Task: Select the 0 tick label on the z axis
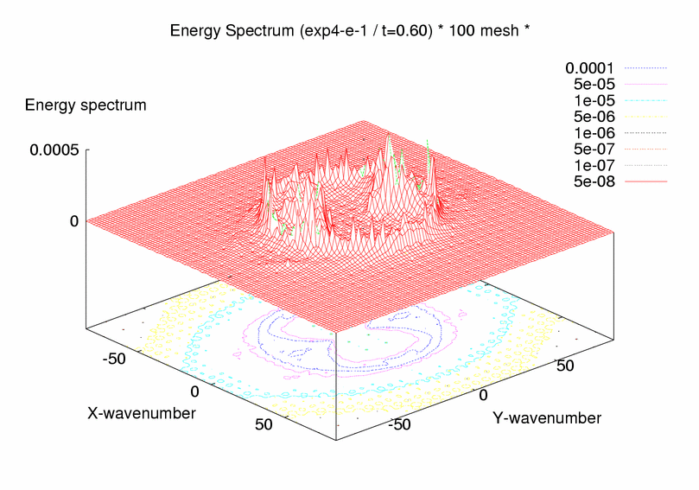pos(74,221)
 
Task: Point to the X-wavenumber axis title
pos(141,413)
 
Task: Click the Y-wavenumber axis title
pos(547,418)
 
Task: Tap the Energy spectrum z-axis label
pos(86,105)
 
